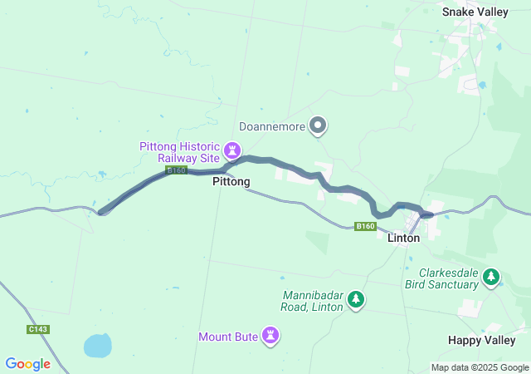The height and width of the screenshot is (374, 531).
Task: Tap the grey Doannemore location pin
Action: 318,126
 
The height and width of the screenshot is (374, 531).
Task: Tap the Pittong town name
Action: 231,181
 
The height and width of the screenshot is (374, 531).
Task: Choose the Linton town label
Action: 404,238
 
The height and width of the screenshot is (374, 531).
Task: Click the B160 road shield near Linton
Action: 365,226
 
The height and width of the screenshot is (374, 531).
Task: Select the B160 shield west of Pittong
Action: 176,170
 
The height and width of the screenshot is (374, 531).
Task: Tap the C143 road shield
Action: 38,329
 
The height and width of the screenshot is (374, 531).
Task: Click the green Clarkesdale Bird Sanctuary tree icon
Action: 492,276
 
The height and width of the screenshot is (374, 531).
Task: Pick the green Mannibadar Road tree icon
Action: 356,298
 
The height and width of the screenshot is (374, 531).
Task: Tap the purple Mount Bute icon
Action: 270,336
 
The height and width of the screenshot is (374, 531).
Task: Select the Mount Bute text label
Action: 227,337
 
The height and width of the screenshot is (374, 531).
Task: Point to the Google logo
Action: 28,364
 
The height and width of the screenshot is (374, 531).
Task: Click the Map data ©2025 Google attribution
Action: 479,367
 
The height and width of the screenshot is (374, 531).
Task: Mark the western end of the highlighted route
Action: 101,212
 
